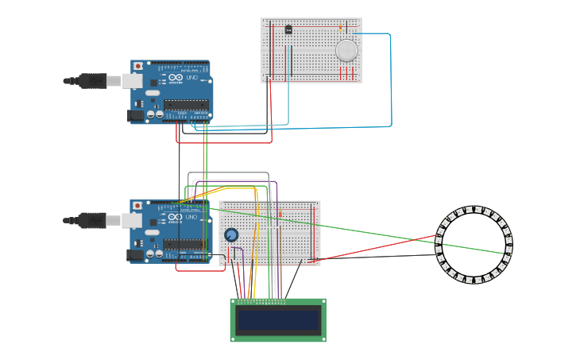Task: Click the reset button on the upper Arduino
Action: click(138, 66)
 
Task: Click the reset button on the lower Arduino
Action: click(138, 205)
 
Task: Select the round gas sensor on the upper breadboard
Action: click(346, 50)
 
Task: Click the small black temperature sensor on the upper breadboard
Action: click(288, 29)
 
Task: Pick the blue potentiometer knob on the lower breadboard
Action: click(231, 235)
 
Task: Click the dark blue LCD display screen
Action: click(278, 320)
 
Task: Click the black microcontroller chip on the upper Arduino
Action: click(186, 105)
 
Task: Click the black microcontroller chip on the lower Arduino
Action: click(185, 244)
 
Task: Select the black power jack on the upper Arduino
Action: click(136, 116)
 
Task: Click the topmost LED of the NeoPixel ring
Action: click(474, 210)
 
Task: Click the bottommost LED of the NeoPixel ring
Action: click(474, 280)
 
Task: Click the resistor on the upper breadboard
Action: click(341, 28)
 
